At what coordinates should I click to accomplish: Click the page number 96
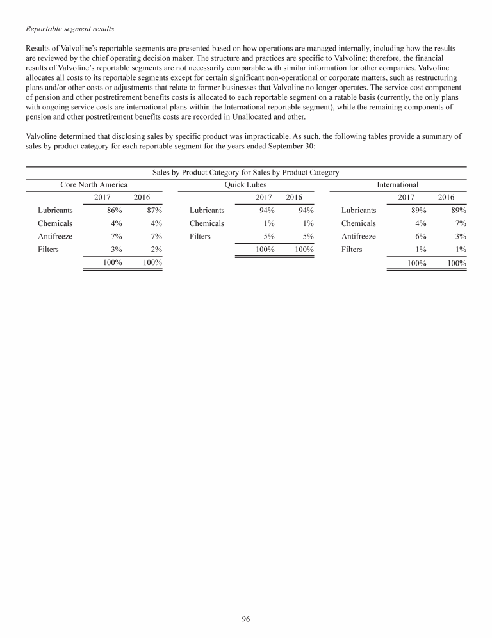[246, 619]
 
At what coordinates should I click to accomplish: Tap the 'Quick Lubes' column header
[245, 185]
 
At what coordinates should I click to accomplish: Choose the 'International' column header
[397, 185]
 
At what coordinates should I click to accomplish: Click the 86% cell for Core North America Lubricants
[115, 210]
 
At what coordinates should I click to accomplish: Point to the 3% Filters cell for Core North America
[117, 250]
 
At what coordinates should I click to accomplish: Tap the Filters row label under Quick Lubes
[200, 236]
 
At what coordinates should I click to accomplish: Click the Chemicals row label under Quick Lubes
[207, 223]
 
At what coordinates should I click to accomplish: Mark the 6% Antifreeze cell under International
[420, 236]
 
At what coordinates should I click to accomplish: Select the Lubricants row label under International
[359, 210]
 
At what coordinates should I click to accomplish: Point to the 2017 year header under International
[407, 197]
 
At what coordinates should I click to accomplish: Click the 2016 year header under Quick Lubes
[294, 197]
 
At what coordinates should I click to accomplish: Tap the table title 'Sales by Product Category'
[245, 173]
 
